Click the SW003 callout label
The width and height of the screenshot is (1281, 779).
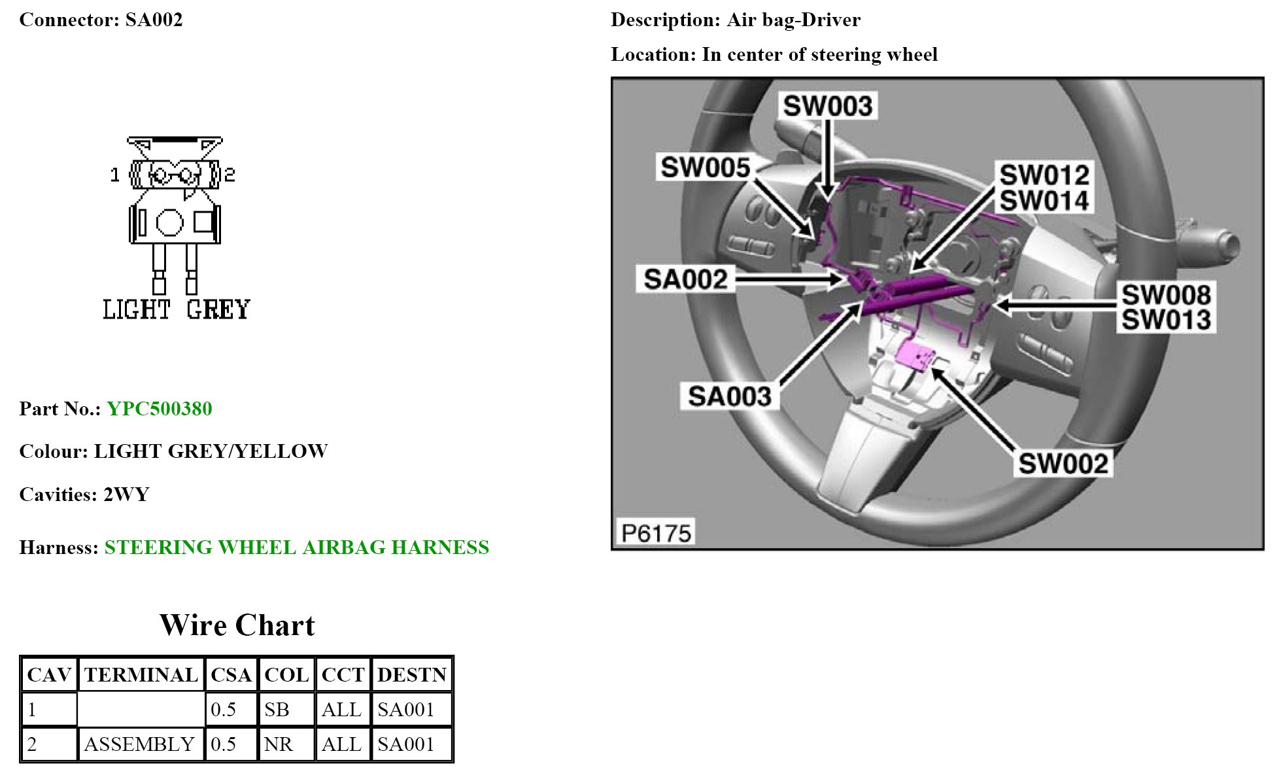pyautogui.click(x=827, y=106)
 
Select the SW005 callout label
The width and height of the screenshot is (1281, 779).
pyautogui.click(x=705, y=167)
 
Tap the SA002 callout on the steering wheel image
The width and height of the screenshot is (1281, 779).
pyautogui.click(x=685, y=279)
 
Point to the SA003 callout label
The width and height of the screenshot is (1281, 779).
pyautogui.click(x=729, y=396)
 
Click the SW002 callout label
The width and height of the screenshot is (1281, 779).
pyautogui.click(x=1063, y=464)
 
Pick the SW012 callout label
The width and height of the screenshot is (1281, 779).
pyautogui.click(x=1044, y=175)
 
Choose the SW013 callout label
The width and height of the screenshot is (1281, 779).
pyautogui.click(x=1166, y=320)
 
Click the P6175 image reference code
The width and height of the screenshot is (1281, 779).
pyautogui.click(x=655, y=533)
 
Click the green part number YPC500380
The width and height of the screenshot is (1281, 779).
pyautogui.click(x=159, y=409)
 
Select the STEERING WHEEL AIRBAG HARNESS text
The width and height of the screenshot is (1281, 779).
pyautogui.click(x=296, y=547)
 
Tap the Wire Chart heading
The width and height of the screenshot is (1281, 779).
pyautogui.click(x=237, y=625)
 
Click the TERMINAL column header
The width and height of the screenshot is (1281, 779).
pyautogui.click(x=141, y=675)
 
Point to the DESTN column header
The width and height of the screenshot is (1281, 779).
pyautogui.click(x=411, y=675)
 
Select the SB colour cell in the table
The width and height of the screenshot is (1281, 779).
pyautogui.click(x=277, y=710)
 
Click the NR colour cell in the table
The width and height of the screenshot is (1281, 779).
pyautogui.click(x=278, y=744)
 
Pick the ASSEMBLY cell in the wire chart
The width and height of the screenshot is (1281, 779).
pyautogui.click(x=139, y=744)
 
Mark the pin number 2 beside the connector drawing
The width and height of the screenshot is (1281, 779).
pyautogui.click(x=230, y=175)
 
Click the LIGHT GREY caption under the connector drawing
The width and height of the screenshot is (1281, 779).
pyautogui.click(x=177, y=309)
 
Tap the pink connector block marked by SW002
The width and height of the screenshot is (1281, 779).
pyautogui.click(x=914, y=355)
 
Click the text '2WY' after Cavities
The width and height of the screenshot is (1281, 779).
pyautogui.click(x=126, y=494)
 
